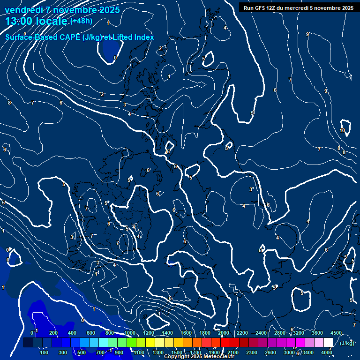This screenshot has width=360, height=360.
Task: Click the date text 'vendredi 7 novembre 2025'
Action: pyautogui.click(x=62, y=10)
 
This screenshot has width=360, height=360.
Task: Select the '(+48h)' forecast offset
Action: pyautogui.click(x=81, y=21)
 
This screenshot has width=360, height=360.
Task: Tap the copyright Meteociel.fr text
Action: pyautogui.click(x=199, y=357)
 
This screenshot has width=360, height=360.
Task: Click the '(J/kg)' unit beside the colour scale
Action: pyautogui.click(x=346, y=343)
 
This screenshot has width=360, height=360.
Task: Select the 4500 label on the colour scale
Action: pyautogui.click(x=336, y=333)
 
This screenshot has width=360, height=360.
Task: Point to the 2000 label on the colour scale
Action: pyautogui.click(x=223, y=333)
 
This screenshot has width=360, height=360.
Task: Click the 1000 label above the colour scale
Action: pyautogui.click(x=129, y=333)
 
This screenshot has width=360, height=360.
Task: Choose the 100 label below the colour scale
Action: pyautogui.click(x=45, y=352)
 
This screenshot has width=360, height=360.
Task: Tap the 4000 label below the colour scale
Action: pyautogui.click(x=327, y=352)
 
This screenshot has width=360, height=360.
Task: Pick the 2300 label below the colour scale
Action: pyautogui.click(x=252, y=352)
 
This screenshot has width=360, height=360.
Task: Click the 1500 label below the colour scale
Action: pyautogui.click(x=177, y=352)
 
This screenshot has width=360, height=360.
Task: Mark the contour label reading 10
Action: pyautogui.click(x=342, y=130)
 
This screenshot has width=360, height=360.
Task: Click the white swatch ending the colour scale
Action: pyautogui.click(x=328, y=343)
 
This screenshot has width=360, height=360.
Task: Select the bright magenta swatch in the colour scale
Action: pyautogui.click(x=300, y=343)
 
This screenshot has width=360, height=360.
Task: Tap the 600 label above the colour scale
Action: pyautogui.click(x=91, y=333)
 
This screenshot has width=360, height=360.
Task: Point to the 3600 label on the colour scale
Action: pyautogui.click(x=317, y=333)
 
